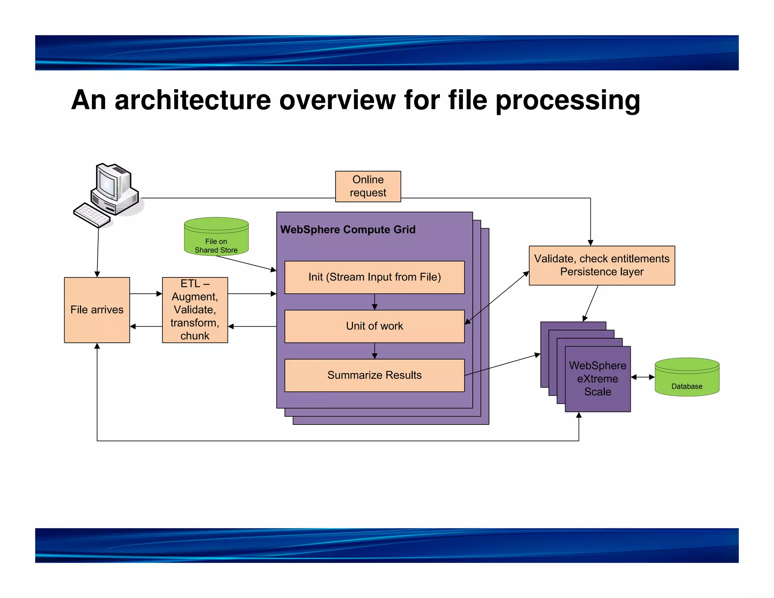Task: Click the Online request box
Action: [x=368, y=186]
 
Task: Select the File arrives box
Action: [x=97, y=310]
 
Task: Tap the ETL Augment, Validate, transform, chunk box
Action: [x=195, y=310]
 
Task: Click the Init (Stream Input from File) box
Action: [x=374, y=277]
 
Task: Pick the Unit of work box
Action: [x=374, y=326]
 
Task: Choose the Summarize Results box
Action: [x=374, y=375]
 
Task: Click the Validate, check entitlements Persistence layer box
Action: [x=601, y=265]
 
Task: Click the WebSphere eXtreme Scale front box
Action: [x=598, y=379]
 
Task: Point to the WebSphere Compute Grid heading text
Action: [x=348, y=229]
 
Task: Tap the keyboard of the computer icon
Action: [x=91, y=215]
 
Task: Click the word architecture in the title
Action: [x=193, y=100]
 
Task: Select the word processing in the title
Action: [x=567, y=101]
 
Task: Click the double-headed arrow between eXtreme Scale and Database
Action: [x=642, y=377]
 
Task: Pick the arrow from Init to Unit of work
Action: [x=374, y=302]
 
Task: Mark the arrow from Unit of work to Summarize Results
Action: [x=374, y=351]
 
